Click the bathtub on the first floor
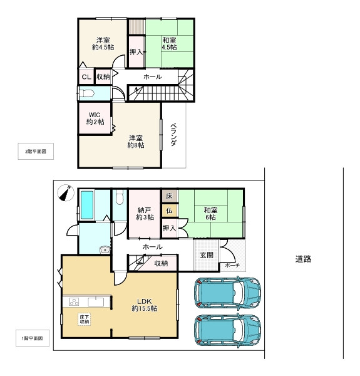point(86,205)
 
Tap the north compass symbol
point(66,193)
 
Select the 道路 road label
point(303,259)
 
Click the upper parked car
point(227,293)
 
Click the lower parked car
point(227,330)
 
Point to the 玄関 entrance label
point(207,255)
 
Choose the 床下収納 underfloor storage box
point(84,320)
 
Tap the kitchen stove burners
point(74,301)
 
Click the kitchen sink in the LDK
point(96,302)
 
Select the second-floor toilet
point(86,93)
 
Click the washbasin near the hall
point(105,250)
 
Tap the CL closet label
point(86,77)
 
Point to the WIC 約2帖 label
point(95,118)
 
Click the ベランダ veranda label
point(173,135)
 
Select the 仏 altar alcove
point(169,211)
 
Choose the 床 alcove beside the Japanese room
point(169,196)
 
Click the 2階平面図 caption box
point(36,151)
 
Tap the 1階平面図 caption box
point(33,338)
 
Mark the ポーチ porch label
point(232,265)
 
